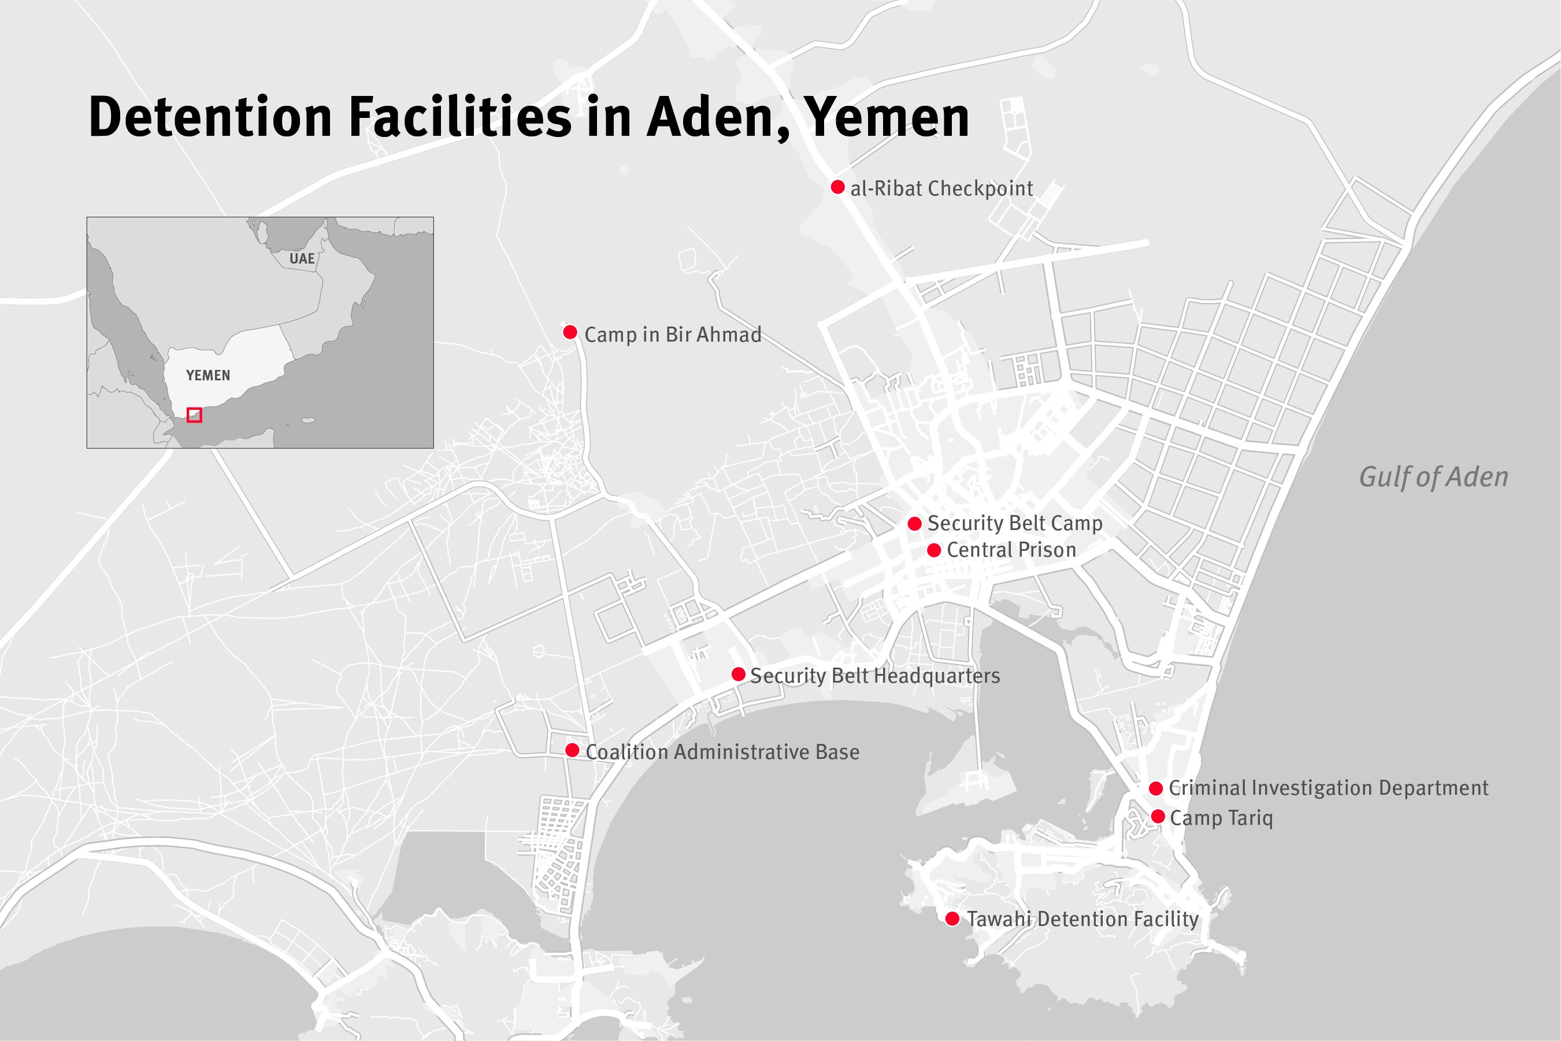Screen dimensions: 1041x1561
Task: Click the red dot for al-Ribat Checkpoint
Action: click(x=837, y=187)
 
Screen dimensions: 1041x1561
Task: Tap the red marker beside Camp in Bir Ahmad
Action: click(x=570, y=332)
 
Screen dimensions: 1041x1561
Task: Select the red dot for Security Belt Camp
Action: click(x=914, y=524)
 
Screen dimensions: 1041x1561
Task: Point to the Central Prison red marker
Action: click(x=934, y=550)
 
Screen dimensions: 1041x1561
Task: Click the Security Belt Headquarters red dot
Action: click(x=738, y=675)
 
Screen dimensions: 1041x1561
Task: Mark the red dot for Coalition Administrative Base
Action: click(x=572, y=750)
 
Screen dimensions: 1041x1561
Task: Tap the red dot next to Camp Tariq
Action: click(x=1158, y=817)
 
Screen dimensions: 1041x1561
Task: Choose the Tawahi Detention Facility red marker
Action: click(x=952, y=919)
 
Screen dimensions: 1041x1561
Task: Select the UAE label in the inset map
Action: click(x=302, y=259)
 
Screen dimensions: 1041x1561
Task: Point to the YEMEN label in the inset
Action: click(x=207, y=376)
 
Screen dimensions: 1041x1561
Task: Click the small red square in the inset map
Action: click(x=194, y=415)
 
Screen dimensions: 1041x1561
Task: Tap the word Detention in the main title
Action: click(x=210, y=117)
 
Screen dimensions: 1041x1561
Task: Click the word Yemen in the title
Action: click(x=887, y=117)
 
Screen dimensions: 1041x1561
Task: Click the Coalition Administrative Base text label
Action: click(x=722, y=751)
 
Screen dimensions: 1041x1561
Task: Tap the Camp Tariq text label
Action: click(x=1221, y=818)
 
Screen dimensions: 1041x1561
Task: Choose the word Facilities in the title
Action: click(x=459, y=117)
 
